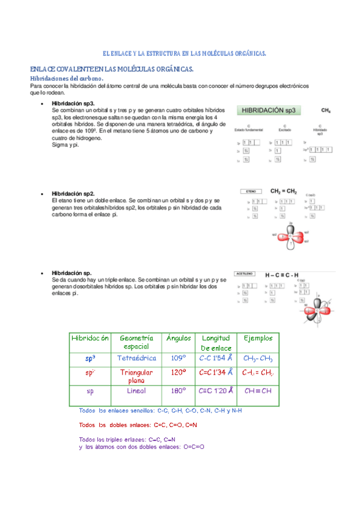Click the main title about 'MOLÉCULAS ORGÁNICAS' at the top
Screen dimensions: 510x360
coord(185,54)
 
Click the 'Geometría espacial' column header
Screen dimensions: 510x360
coord(136,342)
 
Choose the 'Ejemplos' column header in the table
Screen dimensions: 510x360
coord(258,338)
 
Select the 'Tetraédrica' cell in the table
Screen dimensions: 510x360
coord(136,358)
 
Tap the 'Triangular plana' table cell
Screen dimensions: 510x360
coord(136,376)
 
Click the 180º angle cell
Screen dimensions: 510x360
coord(177,391)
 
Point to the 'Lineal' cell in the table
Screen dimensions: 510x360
coord(136,391)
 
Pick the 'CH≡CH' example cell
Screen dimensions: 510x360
coord(258,391)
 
